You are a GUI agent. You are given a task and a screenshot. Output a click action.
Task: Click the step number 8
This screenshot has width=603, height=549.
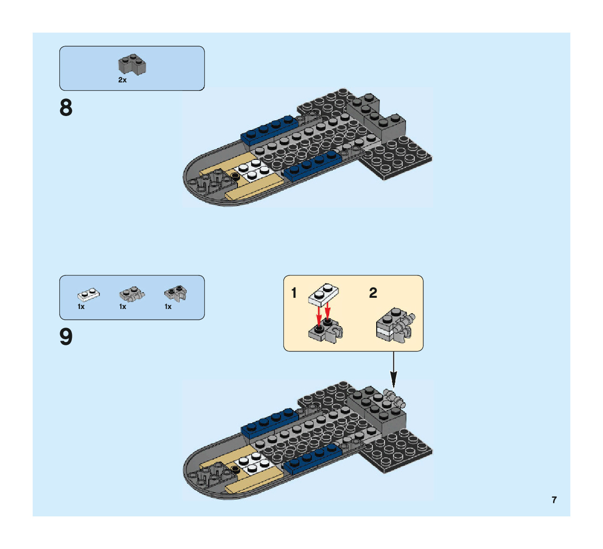click(66, 108)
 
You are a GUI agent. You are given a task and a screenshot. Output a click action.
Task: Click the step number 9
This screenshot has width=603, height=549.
click(66, 336)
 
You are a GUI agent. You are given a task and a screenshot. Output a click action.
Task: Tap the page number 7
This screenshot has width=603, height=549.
click(554, 500)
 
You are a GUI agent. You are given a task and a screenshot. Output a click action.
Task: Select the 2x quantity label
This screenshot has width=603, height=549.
click(122, 80)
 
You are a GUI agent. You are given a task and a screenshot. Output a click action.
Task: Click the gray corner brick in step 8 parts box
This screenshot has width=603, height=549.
click(132, 65)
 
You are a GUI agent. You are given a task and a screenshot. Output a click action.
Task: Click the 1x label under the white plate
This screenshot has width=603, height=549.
click(81, 307)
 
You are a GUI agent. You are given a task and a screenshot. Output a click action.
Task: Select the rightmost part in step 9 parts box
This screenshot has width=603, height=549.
click(175, 293)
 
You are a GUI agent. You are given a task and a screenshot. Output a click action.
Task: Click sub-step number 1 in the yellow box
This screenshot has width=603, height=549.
click(294, 293)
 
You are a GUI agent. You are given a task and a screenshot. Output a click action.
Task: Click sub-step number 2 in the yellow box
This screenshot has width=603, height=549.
click(373, 293)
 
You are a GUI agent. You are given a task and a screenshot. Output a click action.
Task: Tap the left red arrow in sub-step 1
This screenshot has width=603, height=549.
click(319, 316)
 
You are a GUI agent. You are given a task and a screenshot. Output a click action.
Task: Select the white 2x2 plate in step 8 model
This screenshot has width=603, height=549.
click(250, 170)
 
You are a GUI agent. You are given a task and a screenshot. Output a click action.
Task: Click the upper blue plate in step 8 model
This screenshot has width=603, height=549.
click(268, 130)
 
